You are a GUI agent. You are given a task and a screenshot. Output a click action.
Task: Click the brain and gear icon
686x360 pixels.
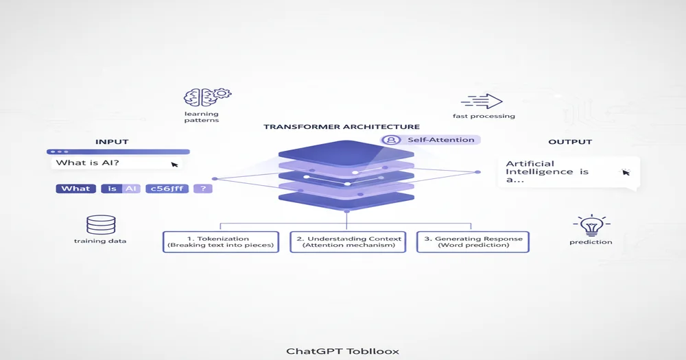207,97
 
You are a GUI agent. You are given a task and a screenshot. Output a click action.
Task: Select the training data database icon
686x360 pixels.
101,225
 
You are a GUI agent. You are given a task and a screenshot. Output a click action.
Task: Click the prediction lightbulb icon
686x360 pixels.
590,226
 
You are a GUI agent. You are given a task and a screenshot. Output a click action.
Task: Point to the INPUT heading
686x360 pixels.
112,142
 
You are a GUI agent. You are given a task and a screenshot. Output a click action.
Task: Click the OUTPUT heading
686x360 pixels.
569,142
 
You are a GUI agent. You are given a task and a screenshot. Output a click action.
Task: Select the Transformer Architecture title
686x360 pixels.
342,127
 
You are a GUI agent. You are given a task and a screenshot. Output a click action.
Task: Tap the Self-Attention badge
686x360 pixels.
431,140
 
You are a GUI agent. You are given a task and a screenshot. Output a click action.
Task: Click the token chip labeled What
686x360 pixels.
75,189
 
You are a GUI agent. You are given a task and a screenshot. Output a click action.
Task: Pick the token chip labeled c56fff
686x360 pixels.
167,189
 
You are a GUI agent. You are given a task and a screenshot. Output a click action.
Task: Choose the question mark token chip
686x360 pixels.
203,189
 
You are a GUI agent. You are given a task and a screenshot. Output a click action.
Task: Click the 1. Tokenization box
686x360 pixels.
221,241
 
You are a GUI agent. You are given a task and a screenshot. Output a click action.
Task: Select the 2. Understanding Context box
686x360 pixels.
346,241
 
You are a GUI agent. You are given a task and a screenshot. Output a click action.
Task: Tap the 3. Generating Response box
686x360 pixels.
473,241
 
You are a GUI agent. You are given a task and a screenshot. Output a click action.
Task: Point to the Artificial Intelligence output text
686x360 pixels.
547,171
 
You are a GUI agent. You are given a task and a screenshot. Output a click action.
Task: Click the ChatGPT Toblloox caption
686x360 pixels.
342,351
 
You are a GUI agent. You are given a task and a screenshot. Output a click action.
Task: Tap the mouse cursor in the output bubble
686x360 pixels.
625,172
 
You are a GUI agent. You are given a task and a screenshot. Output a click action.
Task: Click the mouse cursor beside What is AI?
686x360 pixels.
174,165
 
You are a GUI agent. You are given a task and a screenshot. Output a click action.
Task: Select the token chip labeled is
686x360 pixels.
112,189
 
